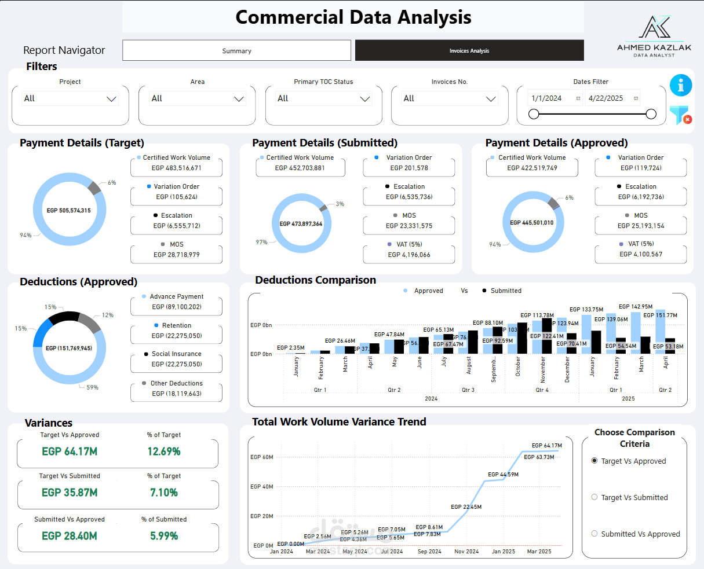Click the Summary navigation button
236,51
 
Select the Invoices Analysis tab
469,51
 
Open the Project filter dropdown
70,99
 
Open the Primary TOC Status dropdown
323,99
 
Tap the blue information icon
681,85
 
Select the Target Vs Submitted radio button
594,497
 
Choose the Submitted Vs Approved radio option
594,534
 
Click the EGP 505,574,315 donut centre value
69,211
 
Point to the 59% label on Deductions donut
92,387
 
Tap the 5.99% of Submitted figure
164,536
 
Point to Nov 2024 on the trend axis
466,552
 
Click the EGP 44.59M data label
503,475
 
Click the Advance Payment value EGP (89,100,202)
177,307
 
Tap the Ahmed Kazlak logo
654,36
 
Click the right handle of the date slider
651,114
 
